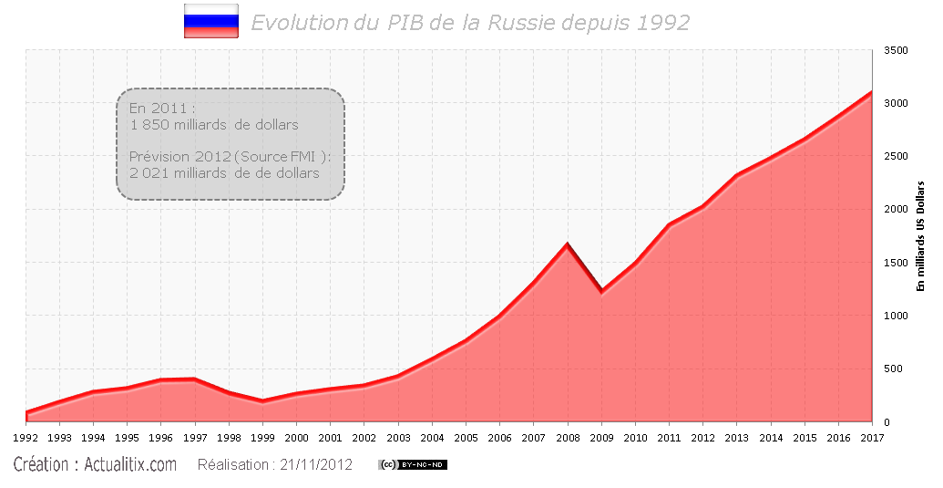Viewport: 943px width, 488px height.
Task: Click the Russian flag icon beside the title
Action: click(210, 21)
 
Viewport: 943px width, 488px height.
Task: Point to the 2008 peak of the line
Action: click(568, 244)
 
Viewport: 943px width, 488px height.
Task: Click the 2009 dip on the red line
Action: click(601, 291)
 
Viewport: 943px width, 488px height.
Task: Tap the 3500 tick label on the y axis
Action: click(897, 50)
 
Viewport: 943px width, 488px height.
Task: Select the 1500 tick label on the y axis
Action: click(897, 263)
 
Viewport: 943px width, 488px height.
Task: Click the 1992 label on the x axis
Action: click(26, 438)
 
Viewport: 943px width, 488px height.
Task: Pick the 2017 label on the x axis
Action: click(872, 438)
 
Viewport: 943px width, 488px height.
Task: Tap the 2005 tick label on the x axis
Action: click(466, 438)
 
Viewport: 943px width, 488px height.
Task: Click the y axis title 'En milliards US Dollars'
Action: click(921, 236)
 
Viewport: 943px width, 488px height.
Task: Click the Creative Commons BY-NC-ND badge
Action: click(413, 465)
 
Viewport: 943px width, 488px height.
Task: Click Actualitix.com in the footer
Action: click(129, 465)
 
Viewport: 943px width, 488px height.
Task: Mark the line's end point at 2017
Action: click(872, 92)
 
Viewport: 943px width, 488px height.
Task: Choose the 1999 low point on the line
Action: click(262, 400)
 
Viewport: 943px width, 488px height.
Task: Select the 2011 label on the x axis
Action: click(669, 438)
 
